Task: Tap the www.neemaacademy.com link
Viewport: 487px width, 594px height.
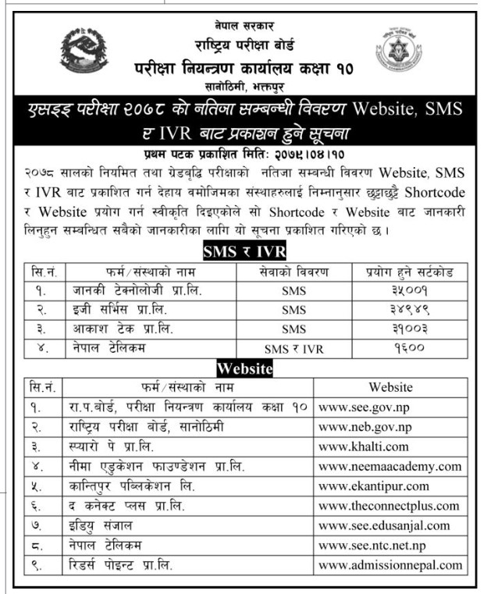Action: tap(390, 467)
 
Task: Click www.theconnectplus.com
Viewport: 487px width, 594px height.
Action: tap(389, 506)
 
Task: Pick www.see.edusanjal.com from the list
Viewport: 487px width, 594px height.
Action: tap(384, 525)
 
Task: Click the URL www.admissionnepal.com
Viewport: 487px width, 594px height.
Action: tap(390, 564)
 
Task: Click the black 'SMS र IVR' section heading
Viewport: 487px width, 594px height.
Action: tap(244, 251)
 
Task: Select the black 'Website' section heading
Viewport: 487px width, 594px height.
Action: tap(244, 368)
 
